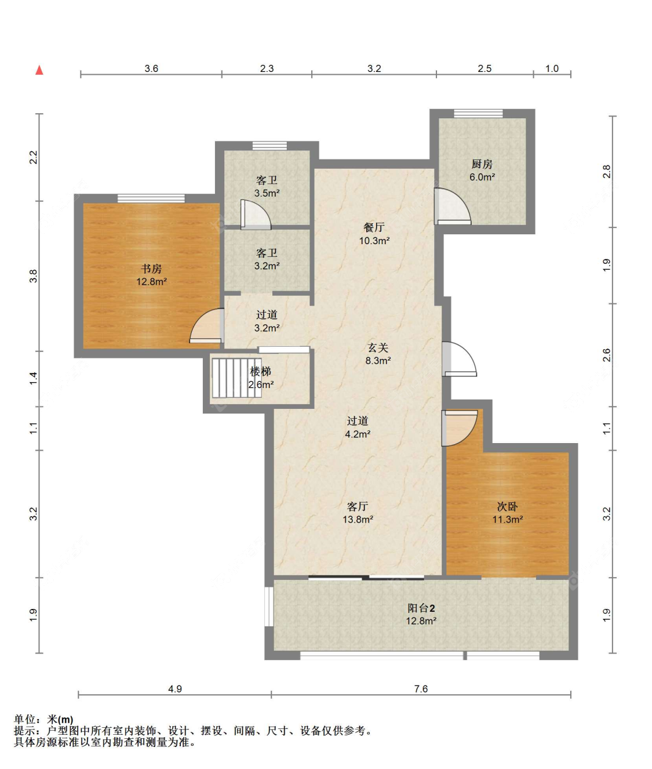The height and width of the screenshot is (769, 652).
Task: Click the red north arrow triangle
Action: tap(39, 70)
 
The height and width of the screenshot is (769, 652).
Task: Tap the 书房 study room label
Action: tap(151, 269)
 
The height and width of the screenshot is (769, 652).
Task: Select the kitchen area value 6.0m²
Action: tap(482, 177)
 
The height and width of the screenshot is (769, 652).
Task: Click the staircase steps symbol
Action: tap(237, 378)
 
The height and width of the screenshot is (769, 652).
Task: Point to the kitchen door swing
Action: tap(453, 206)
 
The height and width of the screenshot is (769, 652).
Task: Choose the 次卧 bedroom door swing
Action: tap(460, 428)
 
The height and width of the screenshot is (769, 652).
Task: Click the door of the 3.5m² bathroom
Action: tap(256, 215)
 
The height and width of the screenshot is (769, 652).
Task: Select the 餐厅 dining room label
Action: tap(374, 227)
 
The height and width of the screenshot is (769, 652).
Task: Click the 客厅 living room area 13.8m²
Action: tap(358, 520)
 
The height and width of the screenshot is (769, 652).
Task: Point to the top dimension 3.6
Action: tap(151, 68)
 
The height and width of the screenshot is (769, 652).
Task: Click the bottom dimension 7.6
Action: tap(421, 689)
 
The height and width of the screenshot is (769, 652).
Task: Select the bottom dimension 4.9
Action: tap(175, 689)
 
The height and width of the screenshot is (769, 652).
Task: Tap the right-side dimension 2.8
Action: tap(606, 172)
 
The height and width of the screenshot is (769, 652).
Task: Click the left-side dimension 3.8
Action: tap(34, 275)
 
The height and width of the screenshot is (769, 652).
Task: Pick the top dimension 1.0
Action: tap(552, 68)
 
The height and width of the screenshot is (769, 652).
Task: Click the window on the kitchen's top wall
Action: tap(478, 113)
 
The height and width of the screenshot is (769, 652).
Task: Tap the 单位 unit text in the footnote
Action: tap(24, 720)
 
